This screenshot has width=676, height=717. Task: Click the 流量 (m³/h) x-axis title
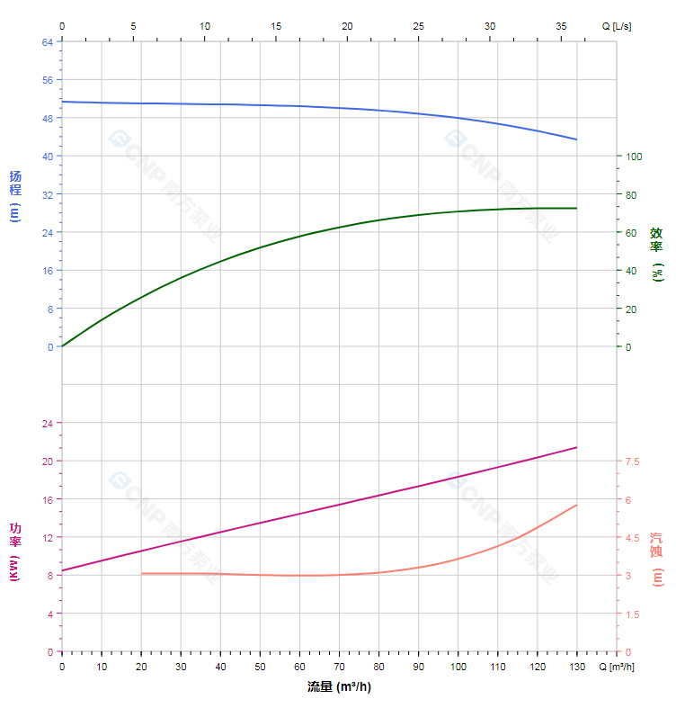pos(339,687)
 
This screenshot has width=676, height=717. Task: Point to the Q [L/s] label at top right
pos(616,26)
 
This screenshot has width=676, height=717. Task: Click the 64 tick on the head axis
pos(48,41)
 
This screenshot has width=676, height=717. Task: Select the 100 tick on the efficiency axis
pos(634,157)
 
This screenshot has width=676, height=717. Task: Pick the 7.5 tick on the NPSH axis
pos(632,462)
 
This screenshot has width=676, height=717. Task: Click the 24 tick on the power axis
pos(48,423)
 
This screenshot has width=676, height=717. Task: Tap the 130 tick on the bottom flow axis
pos(576,667)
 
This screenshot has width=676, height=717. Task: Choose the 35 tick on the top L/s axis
pos(561,26)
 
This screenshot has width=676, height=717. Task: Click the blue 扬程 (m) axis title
pos(14,195)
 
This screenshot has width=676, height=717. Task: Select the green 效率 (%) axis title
pos(657,254)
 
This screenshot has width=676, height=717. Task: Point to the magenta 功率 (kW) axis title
pos(14,551)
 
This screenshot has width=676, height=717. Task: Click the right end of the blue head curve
pos(576,139)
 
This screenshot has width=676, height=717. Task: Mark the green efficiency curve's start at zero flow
pos(62,346)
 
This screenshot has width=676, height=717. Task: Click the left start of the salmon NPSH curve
pos(141,573)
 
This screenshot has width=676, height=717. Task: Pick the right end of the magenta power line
pos(576,447)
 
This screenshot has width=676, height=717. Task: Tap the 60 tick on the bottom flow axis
pos(299,667)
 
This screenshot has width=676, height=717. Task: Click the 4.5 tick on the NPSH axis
pos(632,538)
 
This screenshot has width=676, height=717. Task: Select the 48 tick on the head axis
pos(48,118)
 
